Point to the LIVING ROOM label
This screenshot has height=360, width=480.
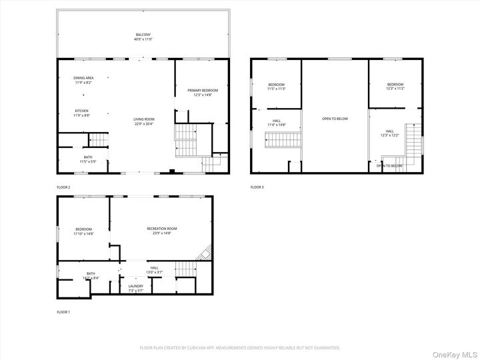click(143, 121)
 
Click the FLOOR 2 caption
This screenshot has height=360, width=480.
click(63, 187)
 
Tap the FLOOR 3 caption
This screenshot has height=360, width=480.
click(257, 187)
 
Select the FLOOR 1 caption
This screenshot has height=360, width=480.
click(63, 312)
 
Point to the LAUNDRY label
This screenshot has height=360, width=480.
click(135, 287)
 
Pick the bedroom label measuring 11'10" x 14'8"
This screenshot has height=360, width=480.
click(83, 231)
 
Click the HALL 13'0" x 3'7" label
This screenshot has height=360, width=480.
click(154, 269)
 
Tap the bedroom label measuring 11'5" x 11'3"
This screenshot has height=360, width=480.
click(277, 86)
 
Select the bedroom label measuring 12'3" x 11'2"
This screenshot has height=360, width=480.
click(395, 86)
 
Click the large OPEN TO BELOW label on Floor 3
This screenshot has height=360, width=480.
click(335, 119)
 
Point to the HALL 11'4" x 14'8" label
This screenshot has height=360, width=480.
click(276, 123)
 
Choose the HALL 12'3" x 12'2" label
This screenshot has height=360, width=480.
click(390, 133)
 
